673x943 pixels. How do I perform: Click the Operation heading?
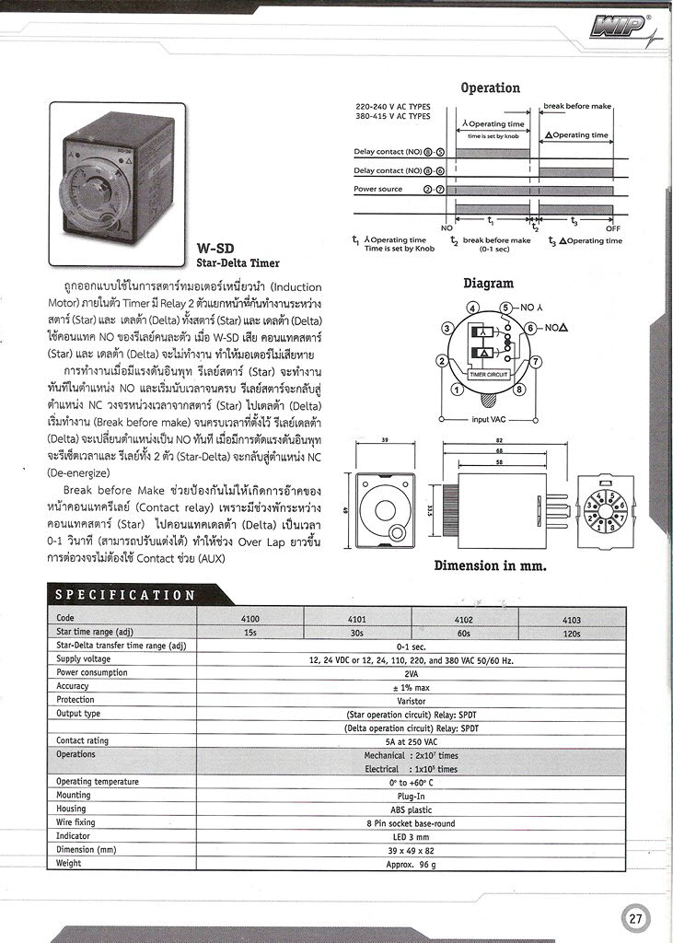(x=490, y=87)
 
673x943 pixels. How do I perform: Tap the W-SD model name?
(x=216, y=249)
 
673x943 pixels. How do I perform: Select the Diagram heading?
(x=488, y=284)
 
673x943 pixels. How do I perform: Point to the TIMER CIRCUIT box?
(x=489, y=376)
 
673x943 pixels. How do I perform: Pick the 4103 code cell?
(x=572, y=620)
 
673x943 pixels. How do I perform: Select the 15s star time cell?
(x=249, y=633)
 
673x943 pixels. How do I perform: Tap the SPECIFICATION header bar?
(x=125, y=595)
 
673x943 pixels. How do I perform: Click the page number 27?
(x=635, y=917)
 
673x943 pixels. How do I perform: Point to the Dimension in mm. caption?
(x=490, y=565)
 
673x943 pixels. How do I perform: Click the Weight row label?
(x=69, y=863)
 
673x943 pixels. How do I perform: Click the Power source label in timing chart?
(x=378, y=189)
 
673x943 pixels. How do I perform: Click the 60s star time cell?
(x=464, y=633)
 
